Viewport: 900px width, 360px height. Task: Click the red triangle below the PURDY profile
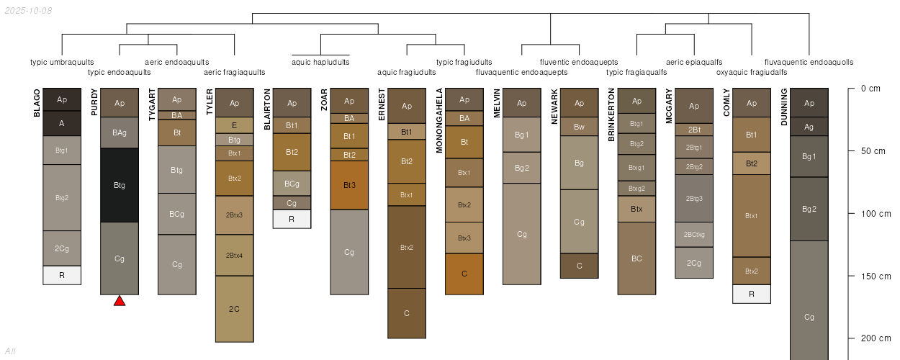pyautogui.click(x=120, y=301)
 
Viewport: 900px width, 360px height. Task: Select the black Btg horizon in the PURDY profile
pyautogui.click(x=120, y=185)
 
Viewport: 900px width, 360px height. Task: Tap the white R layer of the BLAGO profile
pyautogui.click(x=62, y=275)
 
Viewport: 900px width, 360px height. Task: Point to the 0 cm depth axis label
pyautogui.click(x=870, y=89)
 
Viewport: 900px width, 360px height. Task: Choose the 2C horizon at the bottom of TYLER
pyautogui.click(x=235, y=309)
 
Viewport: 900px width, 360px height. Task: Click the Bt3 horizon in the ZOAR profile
pyautogui.click(x=349, y=185)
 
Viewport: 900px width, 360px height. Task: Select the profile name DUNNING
pyautogui.click(x=784, y=107)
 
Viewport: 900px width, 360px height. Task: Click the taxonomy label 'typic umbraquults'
pyautogui.click(x=57, y=62)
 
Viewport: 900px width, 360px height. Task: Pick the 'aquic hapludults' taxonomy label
pyautogui.click(x=320, y=62)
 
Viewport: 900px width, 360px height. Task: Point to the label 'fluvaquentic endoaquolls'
pyautogui.click(x=809, y=62)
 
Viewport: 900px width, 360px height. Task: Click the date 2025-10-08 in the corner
pyautogui.click(x=28, y=11)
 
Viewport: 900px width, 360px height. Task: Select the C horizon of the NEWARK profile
pyautogui.click(x=580, y=266)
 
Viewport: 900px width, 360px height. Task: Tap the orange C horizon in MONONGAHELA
pyautogui.click(x=464, y=274)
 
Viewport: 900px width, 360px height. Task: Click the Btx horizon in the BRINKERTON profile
pyautogui.click(x=636, y=209)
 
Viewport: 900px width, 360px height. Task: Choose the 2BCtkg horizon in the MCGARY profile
pyautogui.click(x=694, y=234)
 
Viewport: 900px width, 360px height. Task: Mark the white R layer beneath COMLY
pyautogui.click(x=752, y=294)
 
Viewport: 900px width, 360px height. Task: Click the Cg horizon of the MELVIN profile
pyautogui.click(x=522, y=234)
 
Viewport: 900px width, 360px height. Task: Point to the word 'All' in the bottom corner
pyautogui.click(x=10, y=351)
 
